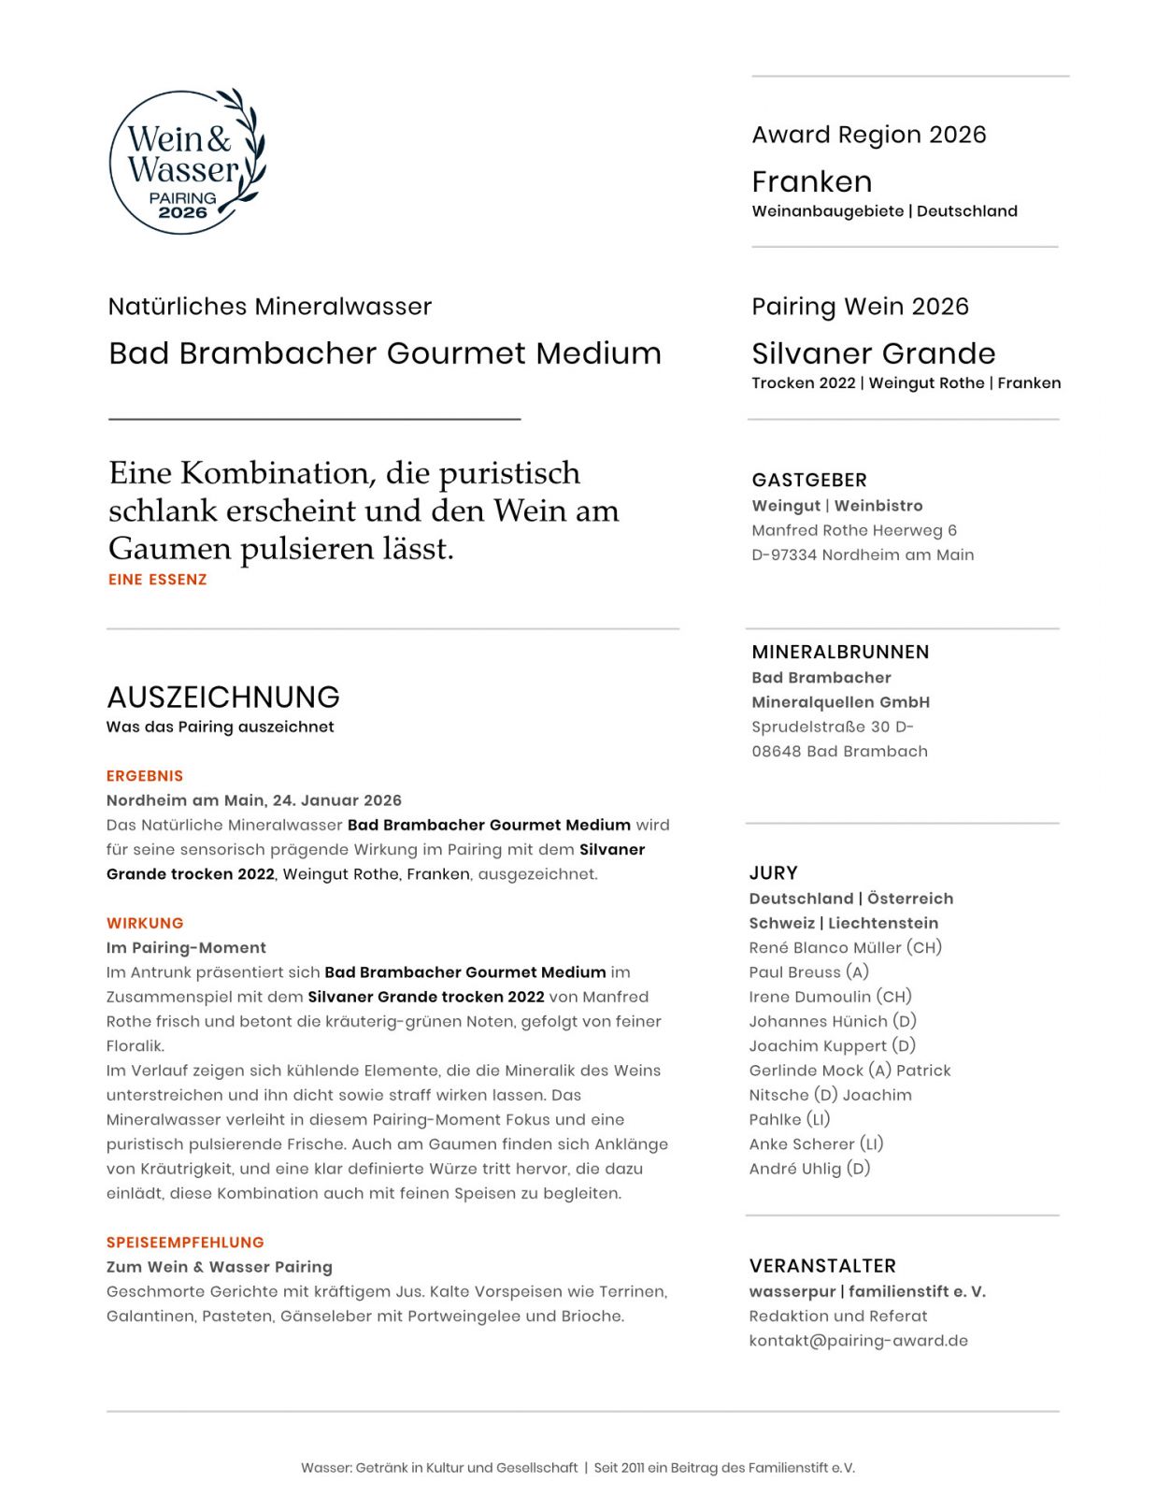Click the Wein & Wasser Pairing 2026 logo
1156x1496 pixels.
(186, 161)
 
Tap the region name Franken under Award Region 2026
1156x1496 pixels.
(811, 181)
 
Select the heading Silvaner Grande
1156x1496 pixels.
(873, 353)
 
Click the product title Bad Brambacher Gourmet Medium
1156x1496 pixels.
(384, 353)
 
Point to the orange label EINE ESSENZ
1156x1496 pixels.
(157, 580)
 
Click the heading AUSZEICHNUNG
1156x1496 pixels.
(222, 697)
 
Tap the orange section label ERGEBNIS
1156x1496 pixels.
(145, 776)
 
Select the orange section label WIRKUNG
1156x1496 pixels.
(145, 923)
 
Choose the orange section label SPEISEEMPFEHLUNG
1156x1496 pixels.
(185, 1243)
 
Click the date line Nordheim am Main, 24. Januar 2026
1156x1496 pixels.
(253, 800)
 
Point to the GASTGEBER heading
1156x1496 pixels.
(809, 480)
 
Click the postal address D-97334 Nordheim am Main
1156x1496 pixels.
(863, 554)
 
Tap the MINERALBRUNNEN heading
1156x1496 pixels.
(840, 652)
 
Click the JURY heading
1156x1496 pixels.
(773, 872)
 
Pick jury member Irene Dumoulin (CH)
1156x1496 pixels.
(830, 997)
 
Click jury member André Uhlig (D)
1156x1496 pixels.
(809, 1169)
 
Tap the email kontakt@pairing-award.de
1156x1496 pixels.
(858, 1341)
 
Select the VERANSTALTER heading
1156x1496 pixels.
(822, 1266)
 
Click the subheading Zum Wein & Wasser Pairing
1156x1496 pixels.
(219, 1267)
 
